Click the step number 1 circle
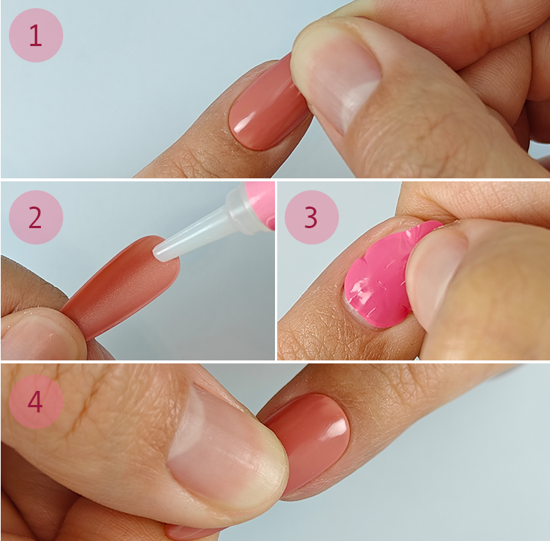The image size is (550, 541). (36, 36)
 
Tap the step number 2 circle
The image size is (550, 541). (36, 218)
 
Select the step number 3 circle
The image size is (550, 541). (311, 218)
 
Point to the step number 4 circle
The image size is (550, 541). (36, 401)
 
